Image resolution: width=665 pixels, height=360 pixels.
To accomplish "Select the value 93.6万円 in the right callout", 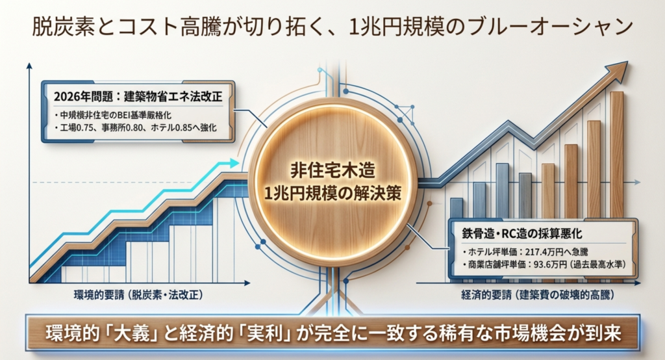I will click(551, 265).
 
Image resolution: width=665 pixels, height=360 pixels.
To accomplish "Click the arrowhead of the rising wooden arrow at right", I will click(620, 71).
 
